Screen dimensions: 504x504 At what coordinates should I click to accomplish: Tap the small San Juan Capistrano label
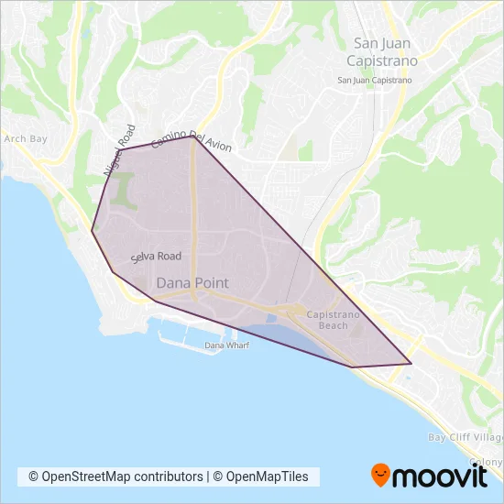click(375, 81)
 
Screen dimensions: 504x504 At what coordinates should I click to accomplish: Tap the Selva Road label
click(156, 257)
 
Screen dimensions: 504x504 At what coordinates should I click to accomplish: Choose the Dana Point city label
click(192, 283)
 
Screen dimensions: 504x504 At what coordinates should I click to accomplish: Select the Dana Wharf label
click(226, 345)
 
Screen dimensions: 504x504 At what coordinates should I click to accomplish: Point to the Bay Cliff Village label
click(464, 437)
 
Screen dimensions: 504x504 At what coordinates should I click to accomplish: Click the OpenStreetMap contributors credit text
click(115, 477)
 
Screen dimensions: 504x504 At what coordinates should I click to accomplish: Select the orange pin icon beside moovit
click(380, 475)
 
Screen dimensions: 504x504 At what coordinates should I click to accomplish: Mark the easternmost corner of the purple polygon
click(411, 364)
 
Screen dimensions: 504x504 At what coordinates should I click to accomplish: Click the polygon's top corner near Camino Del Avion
click(193, 137)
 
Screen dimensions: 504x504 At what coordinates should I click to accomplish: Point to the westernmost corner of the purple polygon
click(92, 231)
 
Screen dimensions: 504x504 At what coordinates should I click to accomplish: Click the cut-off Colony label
click(488, 462)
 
